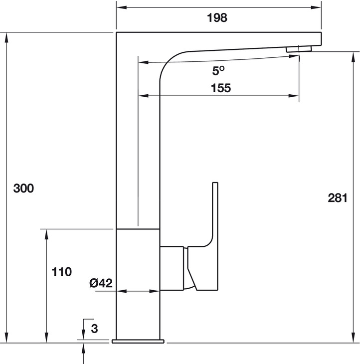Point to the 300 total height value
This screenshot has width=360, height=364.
click(x=23, y=188)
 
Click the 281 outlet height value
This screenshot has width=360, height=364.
click(x=337, y=198)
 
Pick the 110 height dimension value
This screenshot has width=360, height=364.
click(x=62, y=272)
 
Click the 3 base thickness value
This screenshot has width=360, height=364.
click(x=95, y=329)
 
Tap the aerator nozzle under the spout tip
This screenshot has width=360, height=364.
click(x=298, y=49)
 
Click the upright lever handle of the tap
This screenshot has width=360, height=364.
click(x=215, y=214)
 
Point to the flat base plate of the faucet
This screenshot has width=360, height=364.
click(x=138, y=342)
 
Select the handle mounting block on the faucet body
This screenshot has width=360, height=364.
click(x=172, y=267)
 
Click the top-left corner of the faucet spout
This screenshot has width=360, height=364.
click(x=117, y=33)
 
